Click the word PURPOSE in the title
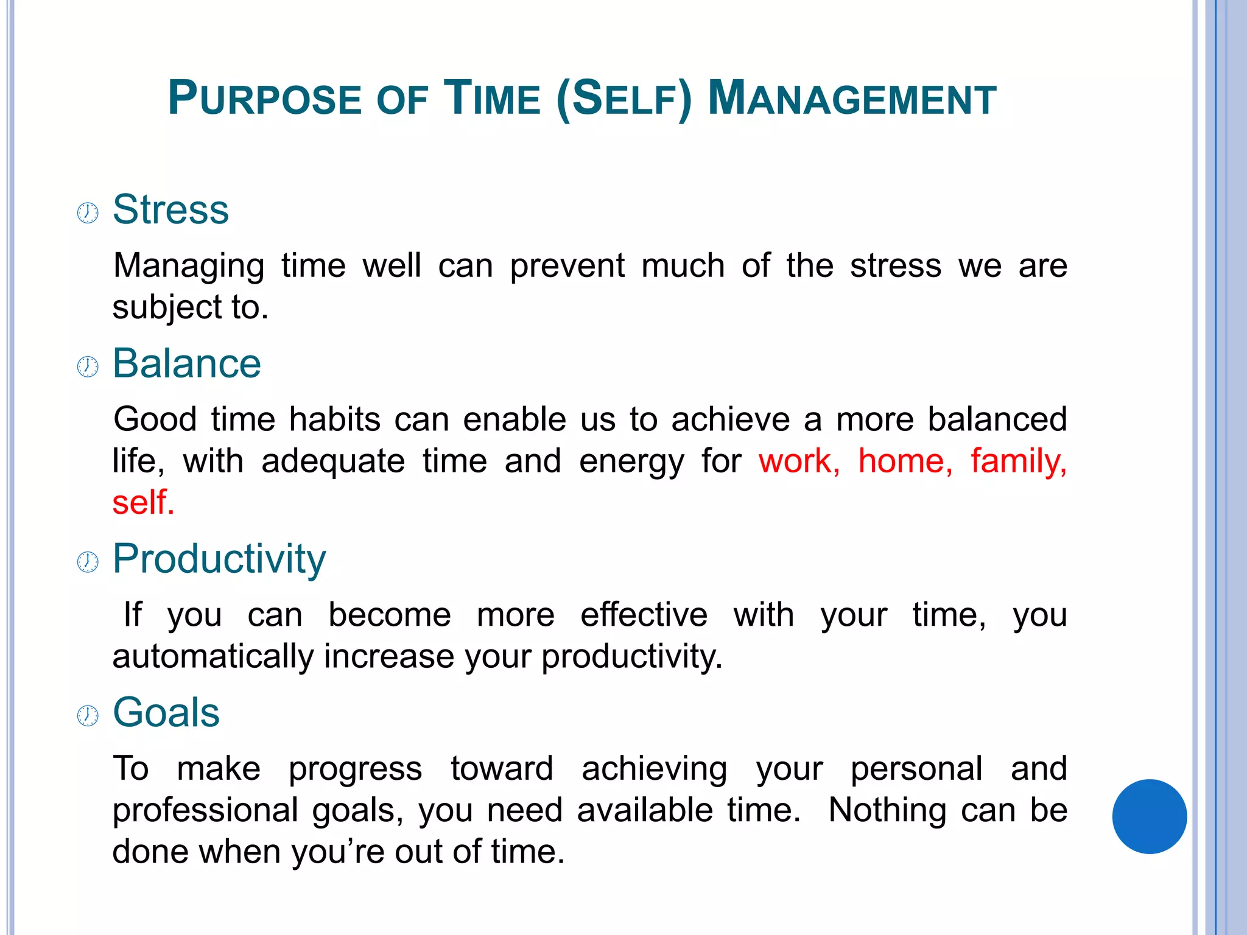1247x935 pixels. click(265, 99)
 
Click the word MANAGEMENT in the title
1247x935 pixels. click(852, 99)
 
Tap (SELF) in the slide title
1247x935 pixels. click(624, 99)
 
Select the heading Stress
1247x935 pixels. click(170, 209)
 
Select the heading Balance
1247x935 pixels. click(187, 363)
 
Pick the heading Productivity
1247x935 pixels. click(219, 559)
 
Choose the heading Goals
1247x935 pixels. click(166, 712)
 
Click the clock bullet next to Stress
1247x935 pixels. click(88, 213)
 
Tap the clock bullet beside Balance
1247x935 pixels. click(88, 367)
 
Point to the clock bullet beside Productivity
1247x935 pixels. click(88, 562)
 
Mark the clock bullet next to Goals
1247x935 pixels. click(88, 716)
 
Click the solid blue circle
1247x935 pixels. click(1149, 816)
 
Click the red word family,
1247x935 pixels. click(1018, 461)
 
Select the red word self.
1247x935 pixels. click(143, 503)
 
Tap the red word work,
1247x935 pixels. click(799, 461)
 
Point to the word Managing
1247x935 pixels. click(189, 267)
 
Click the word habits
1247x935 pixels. click(334, 419)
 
